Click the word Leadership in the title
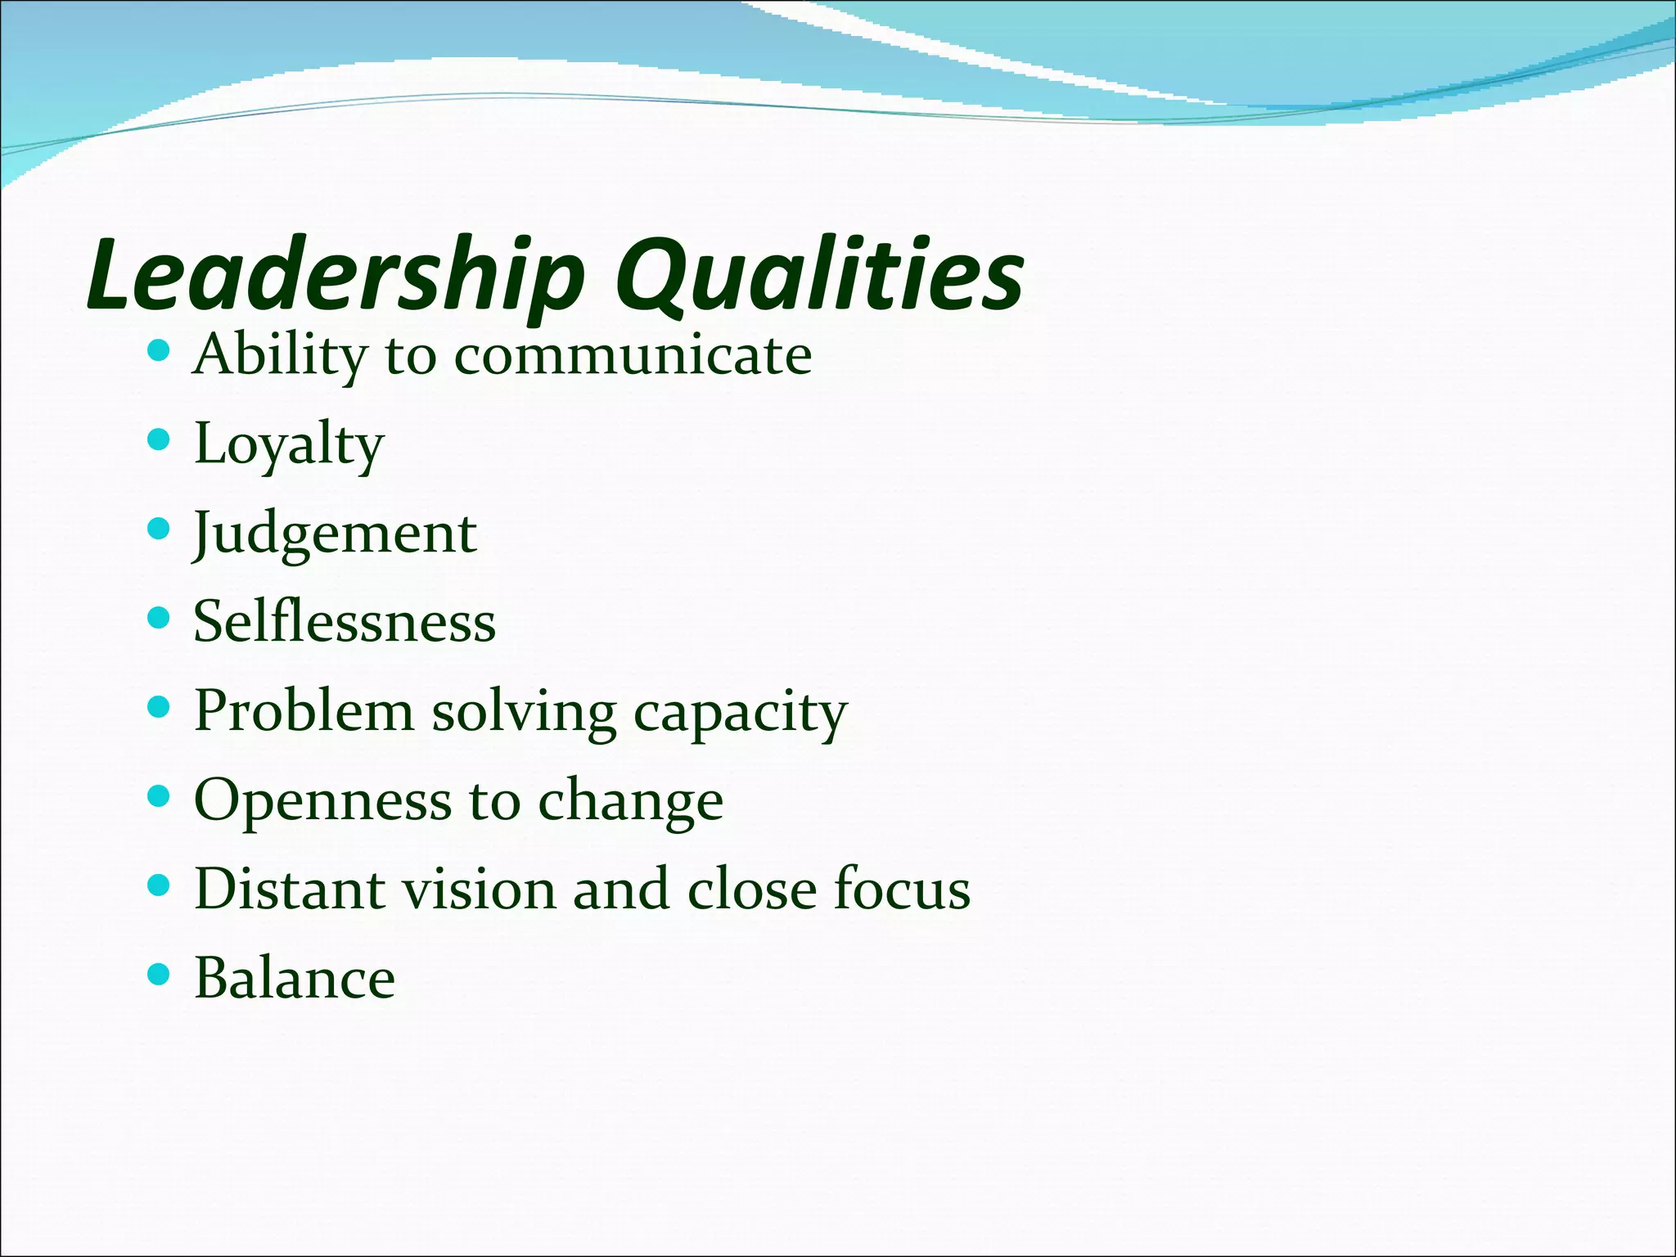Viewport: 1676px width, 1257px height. click(x=336, y=274)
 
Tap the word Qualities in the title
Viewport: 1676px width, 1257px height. click(x=819, y=274)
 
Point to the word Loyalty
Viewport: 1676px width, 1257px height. click(x=289, y=444)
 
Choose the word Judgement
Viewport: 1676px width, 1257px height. click(x=335, y=534)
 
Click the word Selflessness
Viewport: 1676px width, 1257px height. click(x=345, y=622)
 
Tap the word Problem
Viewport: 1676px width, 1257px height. click(x=304, y=710)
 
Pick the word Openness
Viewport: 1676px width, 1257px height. click(x=322, y=801)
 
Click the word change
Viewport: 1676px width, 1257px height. click(x=630, y=801)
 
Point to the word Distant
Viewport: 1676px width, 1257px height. click(x=289, y=889)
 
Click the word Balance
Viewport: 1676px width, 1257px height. click(x=295, y=978)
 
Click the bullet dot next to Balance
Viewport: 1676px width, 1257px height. click(x=159, y=974)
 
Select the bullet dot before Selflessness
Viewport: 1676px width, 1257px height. click(x=159, y=618)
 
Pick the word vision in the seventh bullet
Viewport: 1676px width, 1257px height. click(x=478, y=889)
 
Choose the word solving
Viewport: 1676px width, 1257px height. click(x=524, y=712)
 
